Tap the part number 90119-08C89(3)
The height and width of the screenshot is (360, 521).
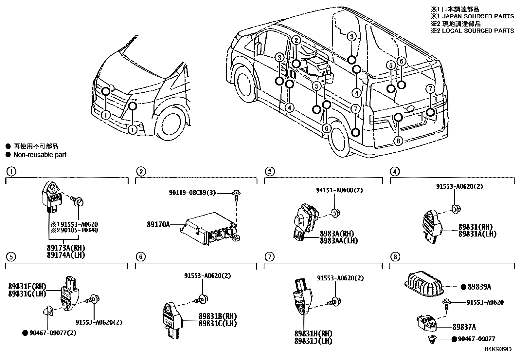tap(192, 193)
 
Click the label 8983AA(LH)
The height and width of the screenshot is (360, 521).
tap(339, 240)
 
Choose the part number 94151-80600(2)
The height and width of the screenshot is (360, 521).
tap(339, 190)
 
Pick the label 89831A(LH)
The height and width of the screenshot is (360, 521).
tap(477, 234)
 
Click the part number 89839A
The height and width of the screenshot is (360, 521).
tap(479, 287)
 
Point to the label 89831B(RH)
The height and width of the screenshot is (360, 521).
tap(217, 316)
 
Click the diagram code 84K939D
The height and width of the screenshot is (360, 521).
tap(498, 349)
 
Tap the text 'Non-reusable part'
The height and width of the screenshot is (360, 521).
tap(40, 155)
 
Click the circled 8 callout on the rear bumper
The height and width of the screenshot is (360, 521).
tap(398, 141)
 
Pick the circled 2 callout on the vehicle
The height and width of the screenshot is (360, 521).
tap(296, 40)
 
